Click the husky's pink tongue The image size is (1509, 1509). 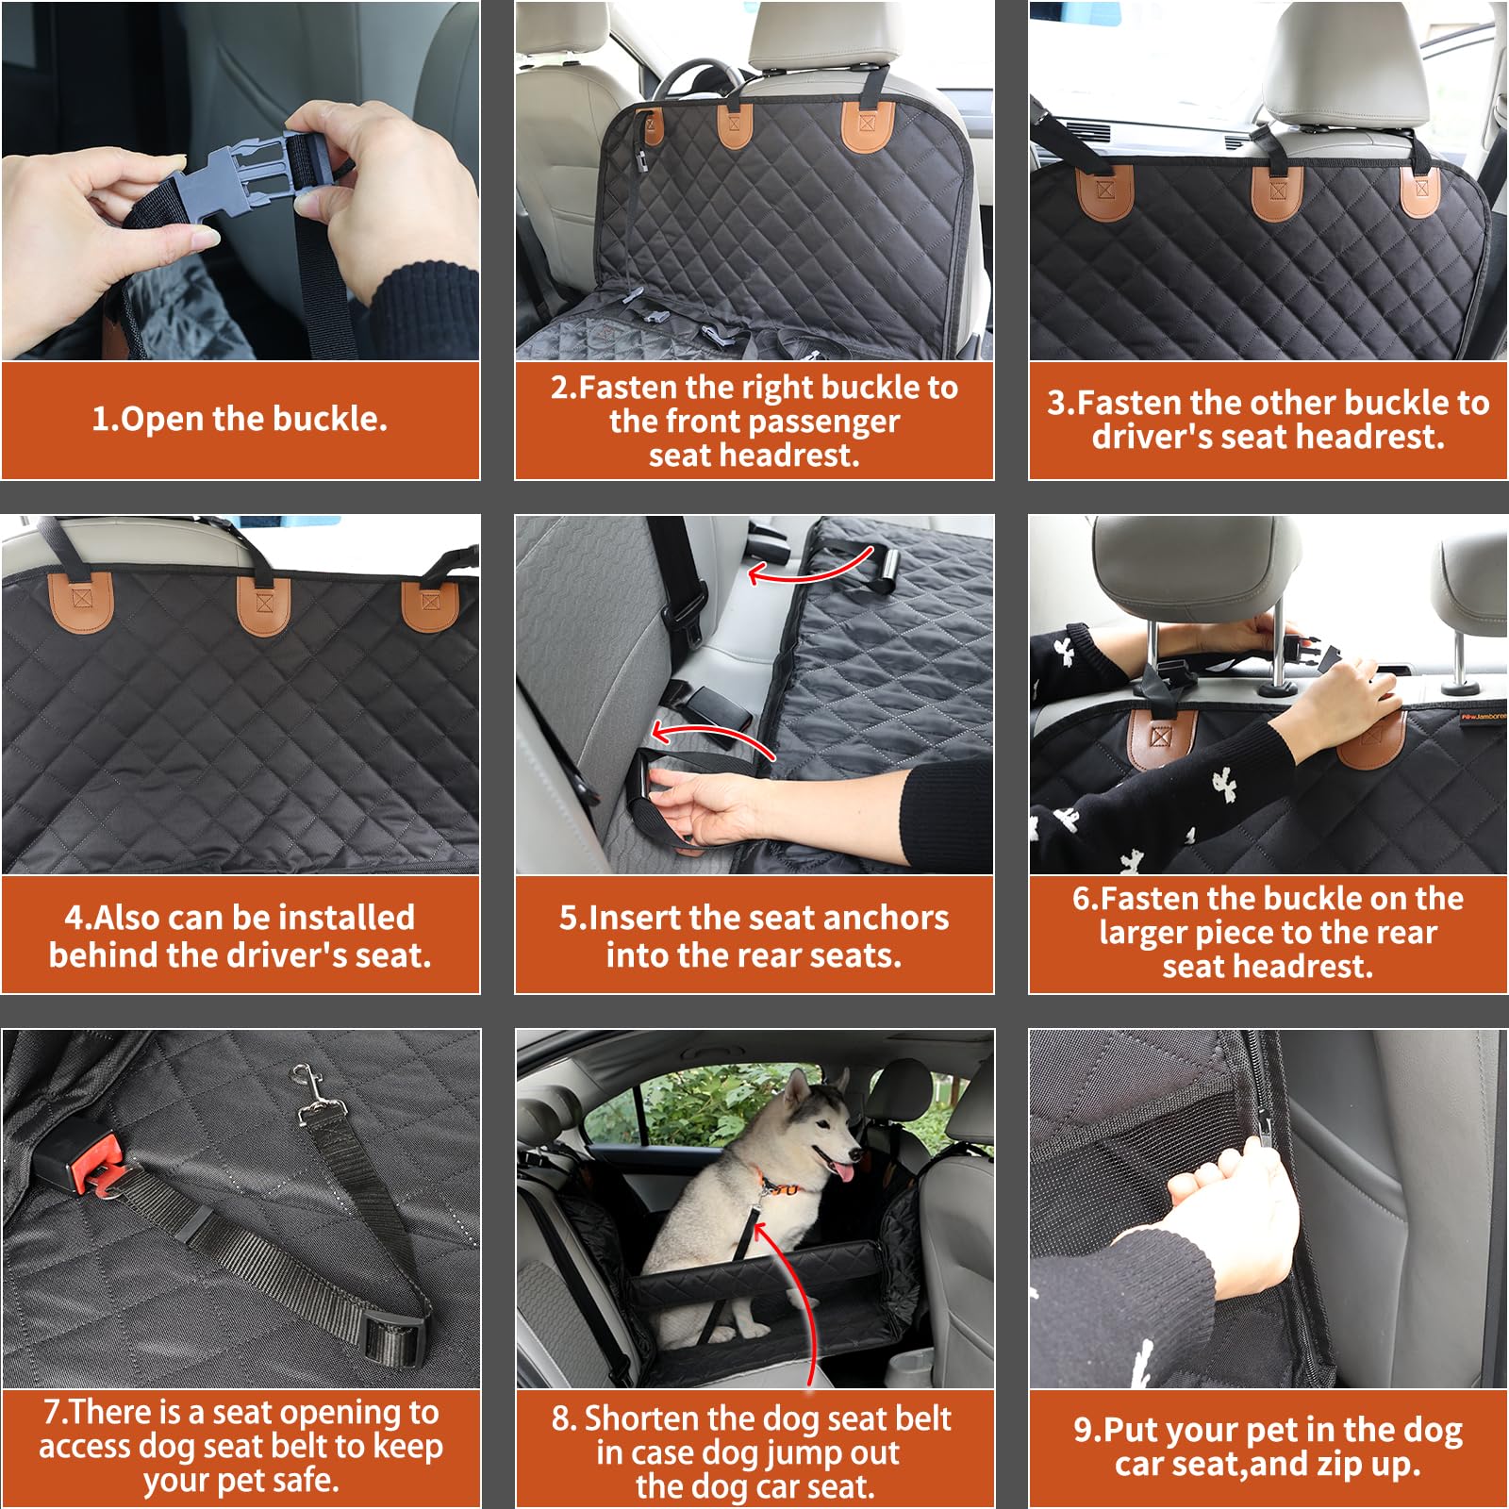pos(842,1172)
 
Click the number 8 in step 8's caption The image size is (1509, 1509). pos(562,1419)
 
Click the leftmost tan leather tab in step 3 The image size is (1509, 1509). pos(1104,193)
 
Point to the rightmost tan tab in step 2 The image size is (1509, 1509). pos(868,127)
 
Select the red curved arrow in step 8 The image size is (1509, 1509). pos(792,1292)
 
